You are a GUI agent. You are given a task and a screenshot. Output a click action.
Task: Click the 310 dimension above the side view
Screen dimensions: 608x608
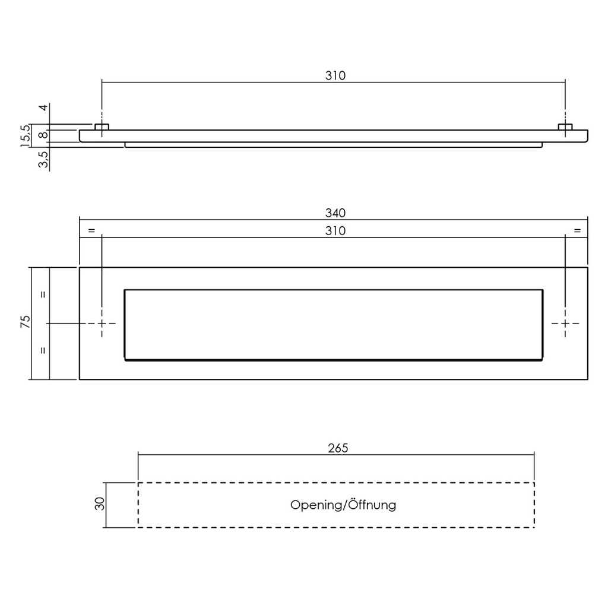click(x=335, y=75)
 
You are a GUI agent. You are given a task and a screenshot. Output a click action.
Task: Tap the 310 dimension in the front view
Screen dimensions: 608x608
click(x=335, y=230)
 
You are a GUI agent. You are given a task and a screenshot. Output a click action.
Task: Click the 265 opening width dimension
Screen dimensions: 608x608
click(x=337, y=448)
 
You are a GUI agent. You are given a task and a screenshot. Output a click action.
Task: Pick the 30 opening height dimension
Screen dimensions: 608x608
click(x=100, y=504)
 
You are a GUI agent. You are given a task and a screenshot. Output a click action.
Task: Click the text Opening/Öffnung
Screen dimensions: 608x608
click(x=343, y=505)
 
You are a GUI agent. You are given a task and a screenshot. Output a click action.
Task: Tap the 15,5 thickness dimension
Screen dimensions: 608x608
click(x=25, y=136)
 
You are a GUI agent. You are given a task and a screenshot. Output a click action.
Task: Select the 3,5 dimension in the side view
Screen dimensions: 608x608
click(x=43, y=160)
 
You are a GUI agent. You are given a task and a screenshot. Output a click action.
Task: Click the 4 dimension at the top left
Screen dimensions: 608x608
click(x=43, y=108)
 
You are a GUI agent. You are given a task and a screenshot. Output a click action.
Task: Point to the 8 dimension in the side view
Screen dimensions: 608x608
click(x=43, y=135)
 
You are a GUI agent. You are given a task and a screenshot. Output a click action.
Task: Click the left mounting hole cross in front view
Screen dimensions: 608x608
click(x=102, y=323)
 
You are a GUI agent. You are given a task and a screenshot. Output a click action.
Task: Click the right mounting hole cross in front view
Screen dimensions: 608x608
click(x=565, y=323)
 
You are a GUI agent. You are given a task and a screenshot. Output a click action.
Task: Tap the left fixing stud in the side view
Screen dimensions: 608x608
click(x=102, y=127)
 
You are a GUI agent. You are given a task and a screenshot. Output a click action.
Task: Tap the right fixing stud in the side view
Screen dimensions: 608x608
click(x=565, y=127)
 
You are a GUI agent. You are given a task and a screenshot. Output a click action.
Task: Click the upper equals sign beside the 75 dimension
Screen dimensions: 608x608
click(x=43, y=294)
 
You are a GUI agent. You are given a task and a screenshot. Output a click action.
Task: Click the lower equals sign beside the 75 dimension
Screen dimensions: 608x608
click(x=43, y=350)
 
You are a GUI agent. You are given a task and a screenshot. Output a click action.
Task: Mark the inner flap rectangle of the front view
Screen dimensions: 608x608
click(x=333, y=324)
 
